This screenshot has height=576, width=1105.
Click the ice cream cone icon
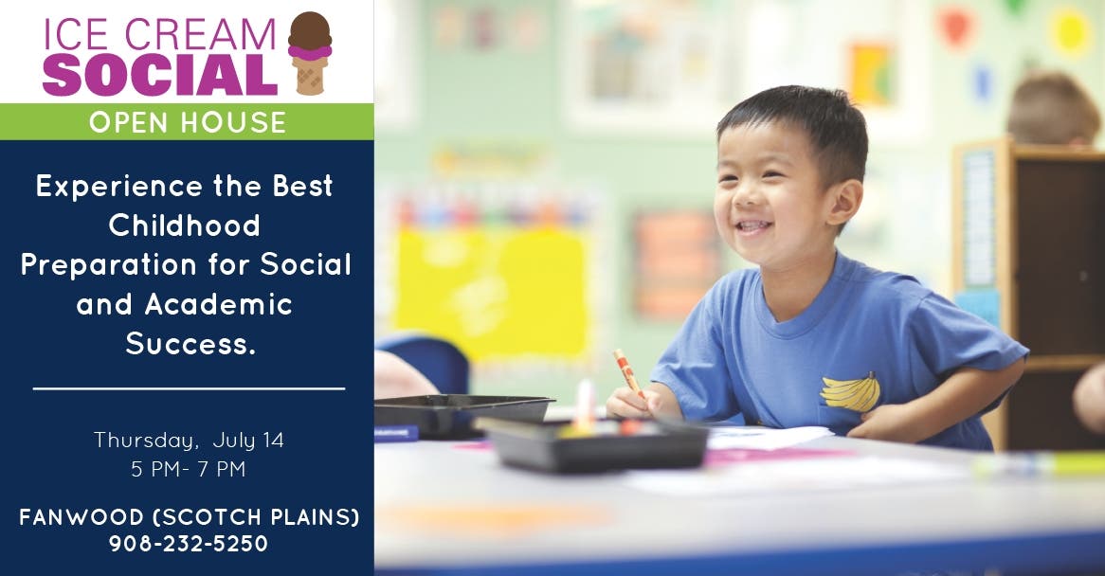click(309, 53)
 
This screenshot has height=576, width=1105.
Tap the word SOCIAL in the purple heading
click(160, 75)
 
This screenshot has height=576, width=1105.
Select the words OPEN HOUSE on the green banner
click(188, 122)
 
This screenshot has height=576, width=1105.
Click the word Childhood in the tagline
click(185, 225)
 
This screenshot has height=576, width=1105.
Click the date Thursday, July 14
click(189, 441)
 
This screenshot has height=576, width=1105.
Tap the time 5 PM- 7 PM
click(189, 469)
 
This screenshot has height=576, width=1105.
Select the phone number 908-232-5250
click(189, 544)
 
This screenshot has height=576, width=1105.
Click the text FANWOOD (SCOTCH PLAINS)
click(189, 517)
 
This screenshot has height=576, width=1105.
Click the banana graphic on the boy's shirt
click(851, 393)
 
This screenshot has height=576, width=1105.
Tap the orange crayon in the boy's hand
click(627, 371)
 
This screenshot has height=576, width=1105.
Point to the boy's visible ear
click(843, 202)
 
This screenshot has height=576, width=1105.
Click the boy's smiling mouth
click(752, 226)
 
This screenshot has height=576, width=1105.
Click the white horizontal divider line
click(189, 388)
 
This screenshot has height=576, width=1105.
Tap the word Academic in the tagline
click(219, 304)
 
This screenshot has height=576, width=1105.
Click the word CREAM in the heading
click(200, 34)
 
